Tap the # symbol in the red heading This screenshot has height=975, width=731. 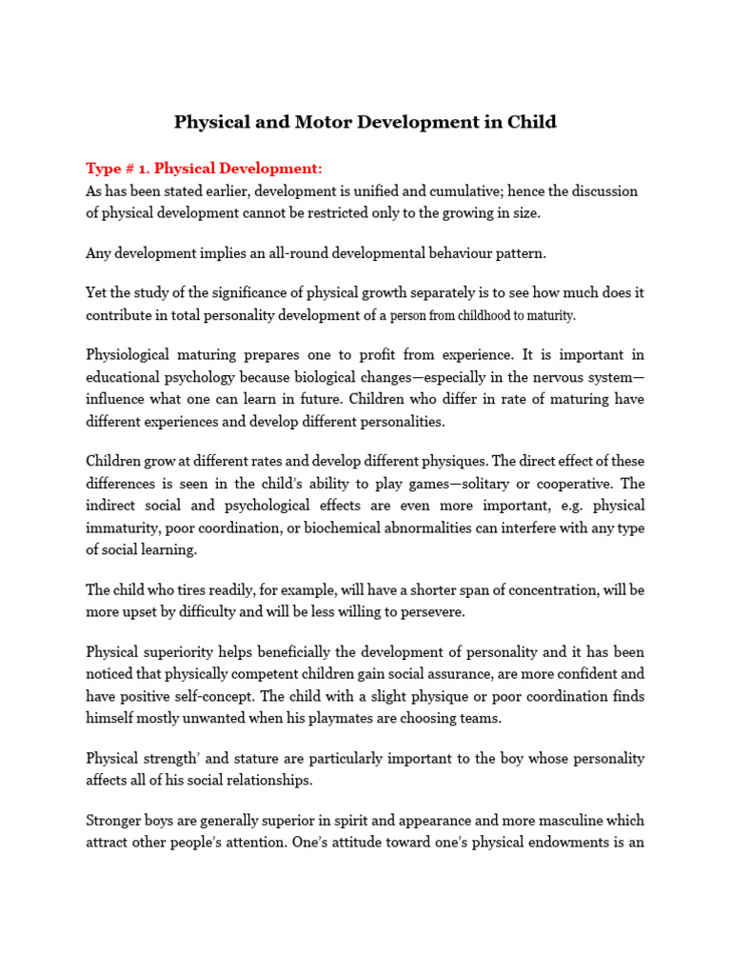(x=127, y=169)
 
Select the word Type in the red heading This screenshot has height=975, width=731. (x=103, y=169)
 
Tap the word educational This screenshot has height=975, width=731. (x=128, y=377)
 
